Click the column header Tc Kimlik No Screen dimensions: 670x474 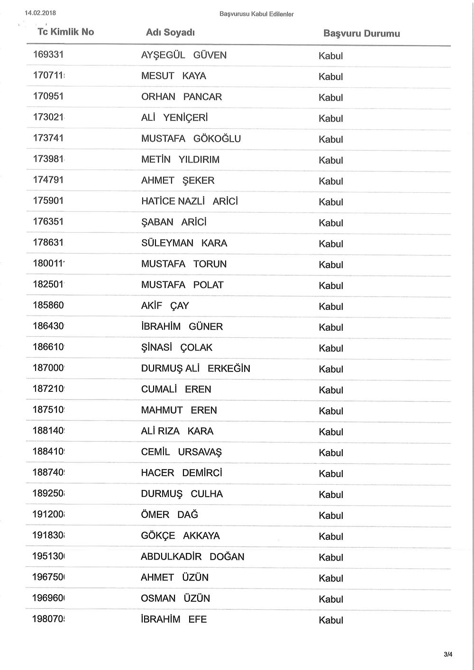(x=65, y=32)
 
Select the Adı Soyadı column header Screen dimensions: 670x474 (x=170, y=33)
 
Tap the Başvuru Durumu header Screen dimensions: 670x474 (x=361, y=34)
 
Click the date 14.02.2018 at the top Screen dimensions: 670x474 (x=40, y=13)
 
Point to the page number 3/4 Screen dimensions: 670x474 (x=448, y=654)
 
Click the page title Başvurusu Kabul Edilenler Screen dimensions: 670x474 (x=256, y=14)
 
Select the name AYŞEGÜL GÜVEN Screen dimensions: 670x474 (x=184, y=55)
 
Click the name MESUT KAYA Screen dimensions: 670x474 (x=173, y=76)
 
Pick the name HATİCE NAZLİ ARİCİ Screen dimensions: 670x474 (x=190, y=201)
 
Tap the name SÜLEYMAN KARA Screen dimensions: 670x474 (x=184, y=243)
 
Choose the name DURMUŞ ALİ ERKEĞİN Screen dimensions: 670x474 (x=195, y=369)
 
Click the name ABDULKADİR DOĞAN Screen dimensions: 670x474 (x=192, y=557)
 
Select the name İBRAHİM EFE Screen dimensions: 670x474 (x=173, y=619)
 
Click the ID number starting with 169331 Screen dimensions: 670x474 (x=48, y=54)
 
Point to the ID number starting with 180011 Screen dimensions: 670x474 (x=48, y=263)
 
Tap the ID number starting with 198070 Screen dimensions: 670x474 (x=48, y=619)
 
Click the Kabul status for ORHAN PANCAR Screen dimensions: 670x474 (x=331, y=98)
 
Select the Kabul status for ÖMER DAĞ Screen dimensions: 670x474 (x=331, y=516)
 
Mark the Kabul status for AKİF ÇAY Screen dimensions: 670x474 (x=331, y=307)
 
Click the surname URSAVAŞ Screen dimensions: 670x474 (x=200, y=453)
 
